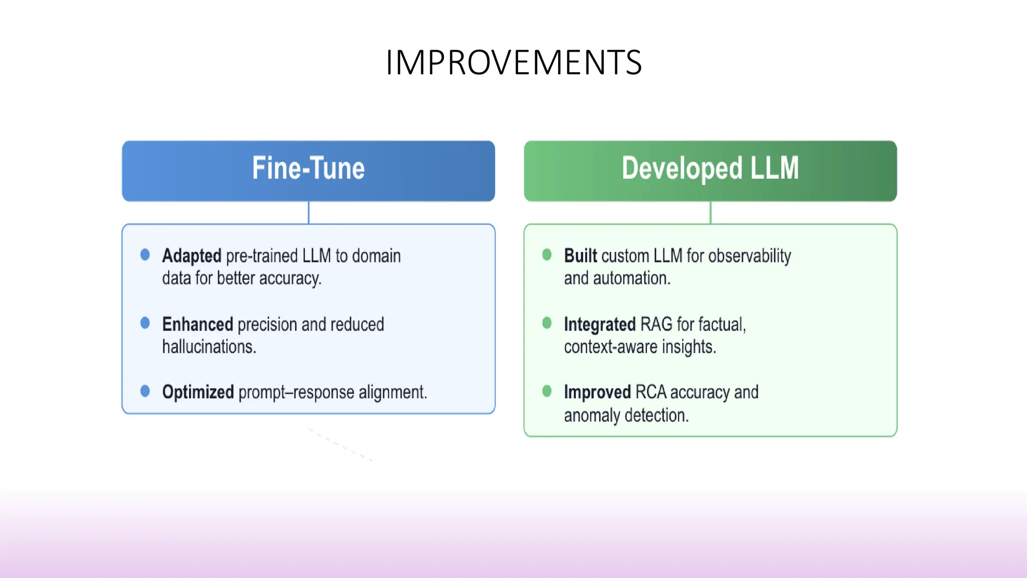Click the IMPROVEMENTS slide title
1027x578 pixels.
tap(513, 63)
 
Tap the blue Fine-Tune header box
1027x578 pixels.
tap(308, 171)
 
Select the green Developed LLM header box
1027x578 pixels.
tap(710, 171)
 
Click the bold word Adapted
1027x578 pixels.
tap(192, 256)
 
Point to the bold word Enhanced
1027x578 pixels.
tap(198, 325)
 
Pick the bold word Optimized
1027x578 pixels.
tap(198, 392)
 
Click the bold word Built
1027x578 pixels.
tap(581, 256)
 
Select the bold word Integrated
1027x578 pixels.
tap(600, 325)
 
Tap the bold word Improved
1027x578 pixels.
tap(597, 392)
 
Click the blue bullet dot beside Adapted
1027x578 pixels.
tap(145, 255)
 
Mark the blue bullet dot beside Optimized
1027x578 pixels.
tap(145, 391)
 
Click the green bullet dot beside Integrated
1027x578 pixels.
tap(547, 323)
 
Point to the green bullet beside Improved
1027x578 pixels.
tap(547, 391)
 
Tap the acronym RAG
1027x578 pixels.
tap(656, 325)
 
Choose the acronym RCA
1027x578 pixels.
tap(650, 392)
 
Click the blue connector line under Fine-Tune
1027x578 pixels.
tap(308, 213)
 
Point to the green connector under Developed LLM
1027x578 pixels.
tap(710, 213)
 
